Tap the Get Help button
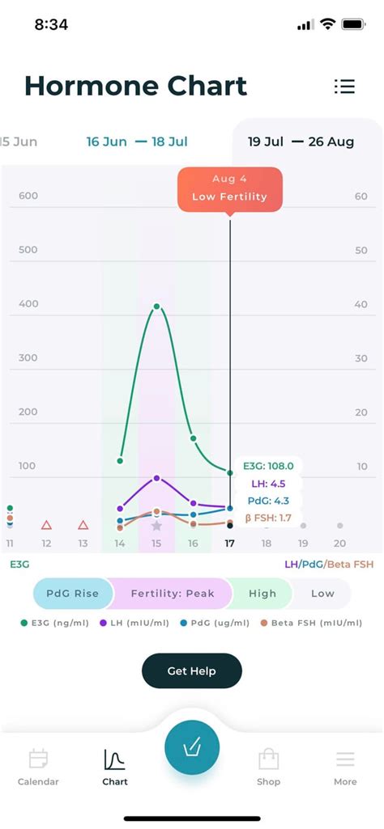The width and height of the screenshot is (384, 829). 192,671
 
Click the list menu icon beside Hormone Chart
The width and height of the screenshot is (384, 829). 344,87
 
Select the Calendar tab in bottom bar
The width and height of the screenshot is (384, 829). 38,768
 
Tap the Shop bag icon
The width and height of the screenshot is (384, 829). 268,759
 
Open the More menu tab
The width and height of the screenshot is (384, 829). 345,768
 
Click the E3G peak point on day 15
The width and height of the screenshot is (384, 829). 157,306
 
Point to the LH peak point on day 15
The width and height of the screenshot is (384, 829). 157,478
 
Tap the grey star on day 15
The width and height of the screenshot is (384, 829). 156,526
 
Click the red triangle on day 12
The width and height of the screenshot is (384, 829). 47,525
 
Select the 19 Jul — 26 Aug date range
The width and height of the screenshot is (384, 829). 301,142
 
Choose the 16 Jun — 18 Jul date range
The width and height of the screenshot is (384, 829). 137,142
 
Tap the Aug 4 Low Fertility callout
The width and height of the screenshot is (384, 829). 229,188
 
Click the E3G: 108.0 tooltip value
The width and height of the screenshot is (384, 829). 268,467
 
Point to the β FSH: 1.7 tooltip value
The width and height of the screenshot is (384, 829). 268,518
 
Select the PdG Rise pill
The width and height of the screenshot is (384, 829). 73,593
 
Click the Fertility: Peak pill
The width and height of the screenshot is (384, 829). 173,593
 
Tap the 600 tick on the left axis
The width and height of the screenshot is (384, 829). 28,196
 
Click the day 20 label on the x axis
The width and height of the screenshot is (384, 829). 339,544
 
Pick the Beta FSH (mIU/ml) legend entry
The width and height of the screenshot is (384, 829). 312,623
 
